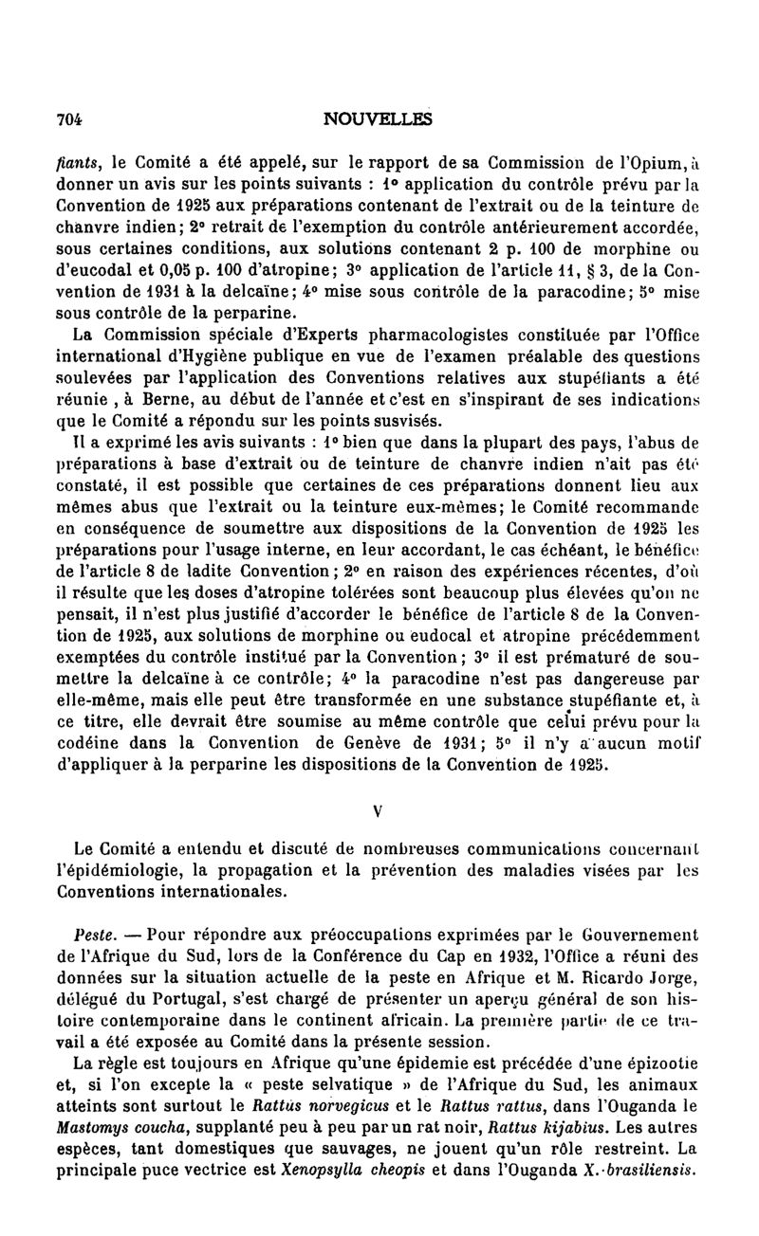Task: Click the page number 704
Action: point(69,118)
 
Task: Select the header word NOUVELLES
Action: point(377,118)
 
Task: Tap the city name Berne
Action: point(168,403)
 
